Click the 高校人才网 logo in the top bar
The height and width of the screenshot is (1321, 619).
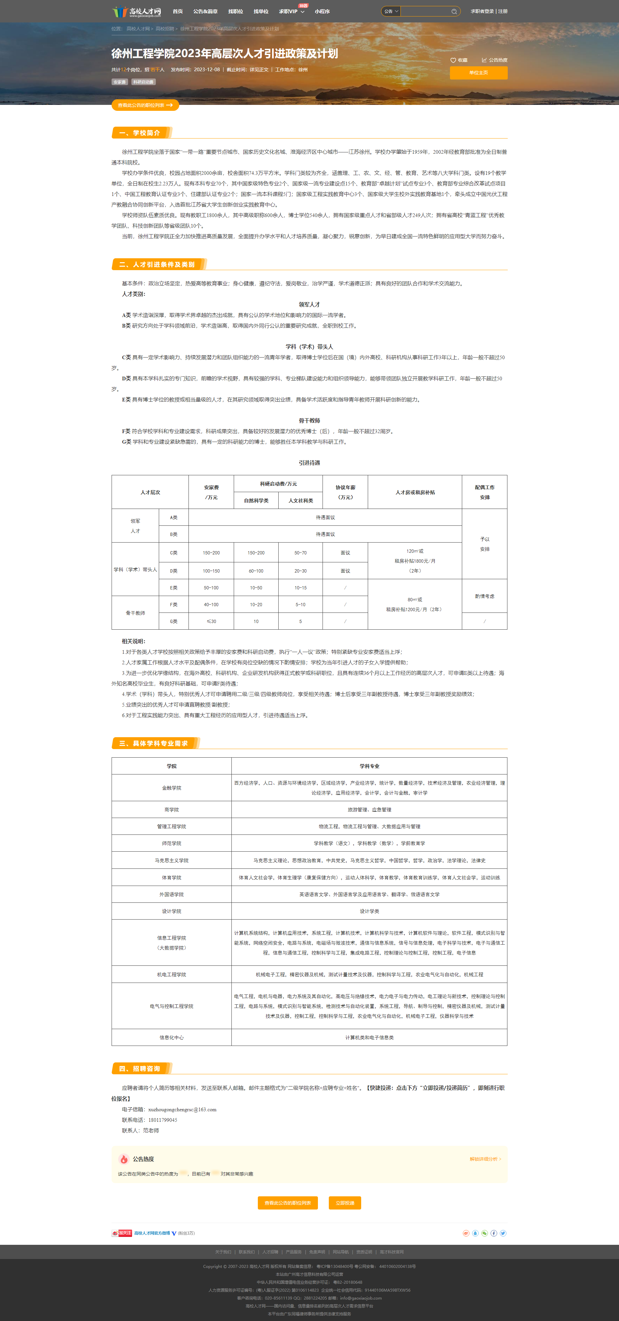[x=137, y=11]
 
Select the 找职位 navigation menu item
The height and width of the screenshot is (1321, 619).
[x=236, y=11]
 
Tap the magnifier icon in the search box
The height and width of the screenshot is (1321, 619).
[x=454, y=11]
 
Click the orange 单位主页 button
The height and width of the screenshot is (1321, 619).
[x=478, y=73]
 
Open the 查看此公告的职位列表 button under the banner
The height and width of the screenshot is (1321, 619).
[x=145, y=105]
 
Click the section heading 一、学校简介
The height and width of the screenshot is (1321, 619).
[x=140, y=133]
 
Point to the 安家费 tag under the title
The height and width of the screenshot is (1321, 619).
[x=120, y=82]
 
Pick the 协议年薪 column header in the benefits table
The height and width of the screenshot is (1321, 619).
[x=345, y=492]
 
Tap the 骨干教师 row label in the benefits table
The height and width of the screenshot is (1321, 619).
[x=135, y=613]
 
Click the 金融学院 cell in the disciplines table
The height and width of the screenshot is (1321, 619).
[x=171, y=788]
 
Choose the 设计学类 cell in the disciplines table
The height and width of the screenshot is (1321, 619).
[x=369, y=911]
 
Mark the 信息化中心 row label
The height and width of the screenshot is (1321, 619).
[x=171, y=1037]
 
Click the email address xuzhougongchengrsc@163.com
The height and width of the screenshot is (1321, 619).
[x=182, y=1109]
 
